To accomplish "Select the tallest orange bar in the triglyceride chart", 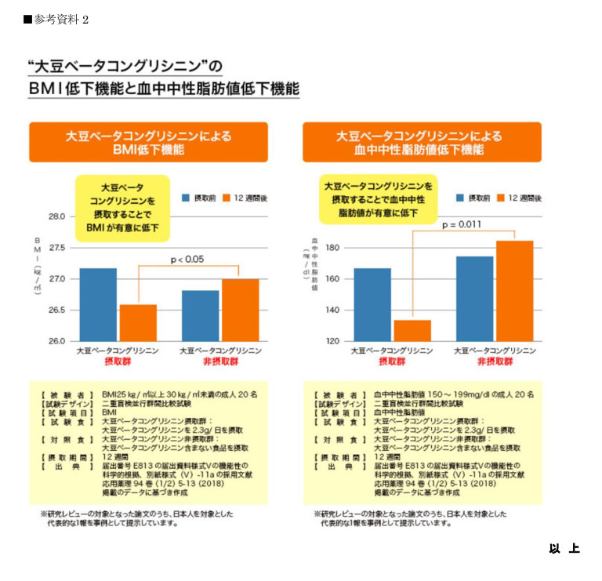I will (x=514, y=290).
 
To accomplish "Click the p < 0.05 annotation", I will (x=187, y=260).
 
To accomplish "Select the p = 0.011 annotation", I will (x=462, y=225).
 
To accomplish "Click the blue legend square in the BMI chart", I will (x=187, y=198).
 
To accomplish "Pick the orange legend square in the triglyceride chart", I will (x=501, y=198).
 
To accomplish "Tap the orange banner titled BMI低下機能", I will (x=148, y=142).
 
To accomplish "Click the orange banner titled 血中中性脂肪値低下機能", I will (x=422, y=142).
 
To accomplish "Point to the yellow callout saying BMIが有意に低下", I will (x=121, y=208).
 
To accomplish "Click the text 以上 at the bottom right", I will (x=564, y=549).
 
